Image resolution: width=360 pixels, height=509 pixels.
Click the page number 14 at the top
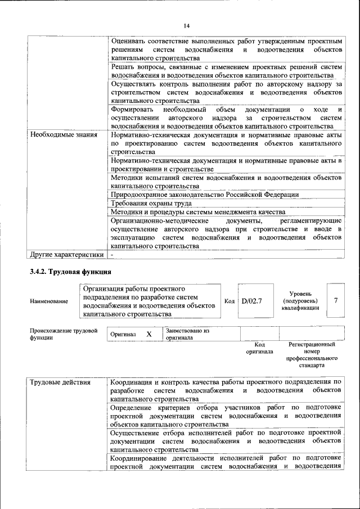pos(187,25)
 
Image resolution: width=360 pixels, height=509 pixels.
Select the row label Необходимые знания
pos(63,135)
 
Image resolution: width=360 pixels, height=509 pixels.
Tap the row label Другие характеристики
pos(67,254)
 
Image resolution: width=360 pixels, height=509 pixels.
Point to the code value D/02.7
pos(252,301)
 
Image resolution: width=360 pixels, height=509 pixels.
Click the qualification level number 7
pos(335,300)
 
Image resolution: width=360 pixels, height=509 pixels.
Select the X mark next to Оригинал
pos(149,334)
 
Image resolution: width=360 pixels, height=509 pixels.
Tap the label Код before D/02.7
pos(229,301)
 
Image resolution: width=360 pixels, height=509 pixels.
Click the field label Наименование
pos(49,301)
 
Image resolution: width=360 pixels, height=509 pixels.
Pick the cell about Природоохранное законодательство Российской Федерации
pos(205,195)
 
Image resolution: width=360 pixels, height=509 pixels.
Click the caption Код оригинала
pos(259,348)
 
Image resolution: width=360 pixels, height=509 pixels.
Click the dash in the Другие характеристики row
pos(112,254)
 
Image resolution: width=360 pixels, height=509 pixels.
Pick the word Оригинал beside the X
pos(123,334)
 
